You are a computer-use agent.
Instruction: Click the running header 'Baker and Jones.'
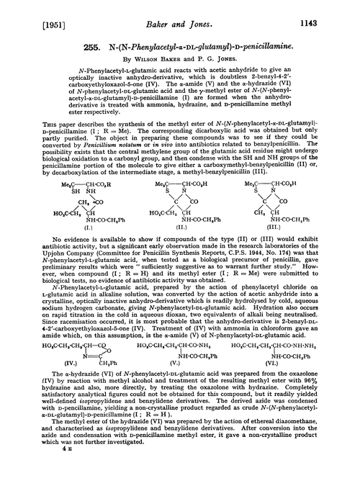click(x=180, y=10)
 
